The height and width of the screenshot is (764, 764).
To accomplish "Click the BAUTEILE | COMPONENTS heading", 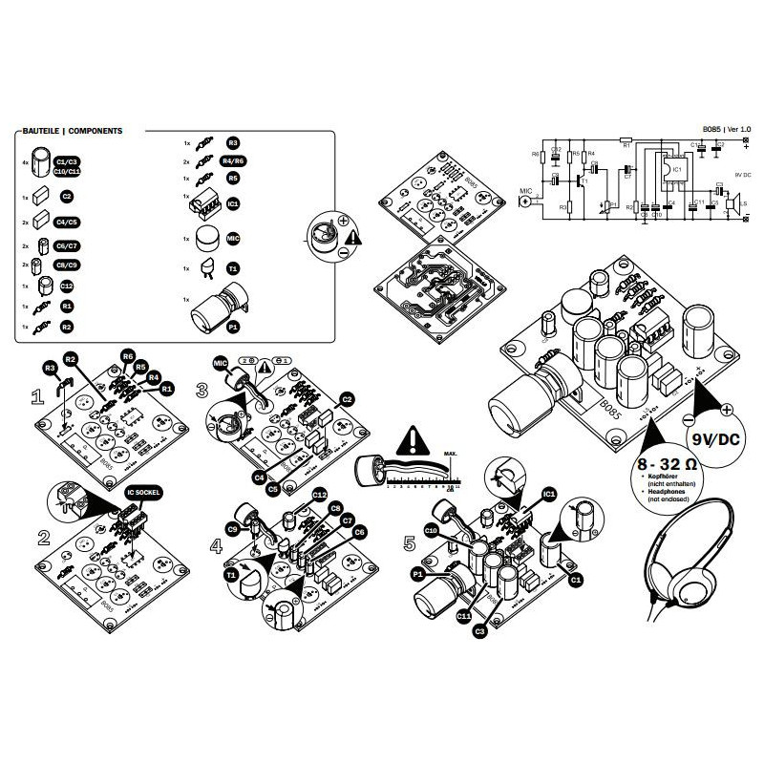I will click(71, 131).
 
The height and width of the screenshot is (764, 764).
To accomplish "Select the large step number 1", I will click(38, 395).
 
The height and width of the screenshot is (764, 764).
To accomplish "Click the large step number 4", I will click(218, 548).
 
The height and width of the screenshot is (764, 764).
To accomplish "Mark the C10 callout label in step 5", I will click(430, 529).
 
